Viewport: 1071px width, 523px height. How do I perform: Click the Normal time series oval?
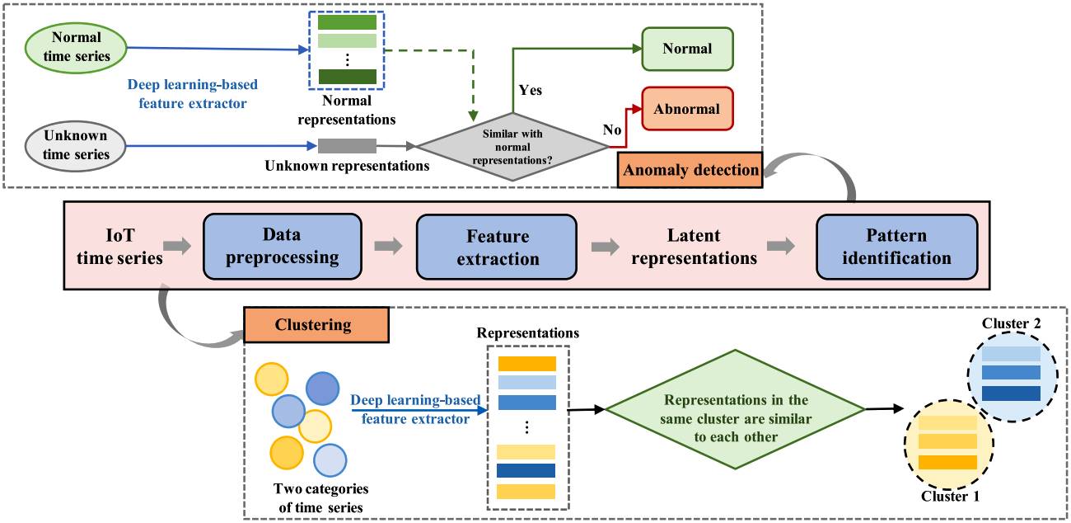point(77,46)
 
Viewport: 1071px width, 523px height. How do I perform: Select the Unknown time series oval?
point(77,146)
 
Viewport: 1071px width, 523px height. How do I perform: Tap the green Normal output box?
point(687,49)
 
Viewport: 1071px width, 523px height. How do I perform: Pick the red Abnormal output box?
point(687,109)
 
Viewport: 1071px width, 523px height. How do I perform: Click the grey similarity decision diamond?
point(512,146)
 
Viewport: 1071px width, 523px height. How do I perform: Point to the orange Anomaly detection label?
point(690,170)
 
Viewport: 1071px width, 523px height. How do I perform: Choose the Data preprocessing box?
point(283,246)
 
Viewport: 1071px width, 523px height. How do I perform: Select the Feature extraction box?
point(497,246)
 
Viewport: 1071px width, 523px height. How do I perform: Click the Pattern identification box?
point(896,246)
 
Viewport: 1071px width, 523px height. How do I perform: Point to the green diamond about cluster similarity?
point(735,409)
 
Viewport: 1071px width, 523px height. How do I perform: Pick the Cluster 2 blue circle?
point(1012,372)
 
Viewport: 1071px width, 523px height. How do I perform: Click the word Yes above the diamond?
point(531,90)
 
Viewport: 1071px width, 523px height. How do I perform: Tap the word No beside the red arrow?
point(613,130)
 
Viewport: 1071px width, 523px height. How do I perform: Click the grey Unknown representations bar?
point(347,146)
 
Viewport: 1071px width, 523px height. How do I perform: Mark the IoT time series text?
point(119,246)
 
